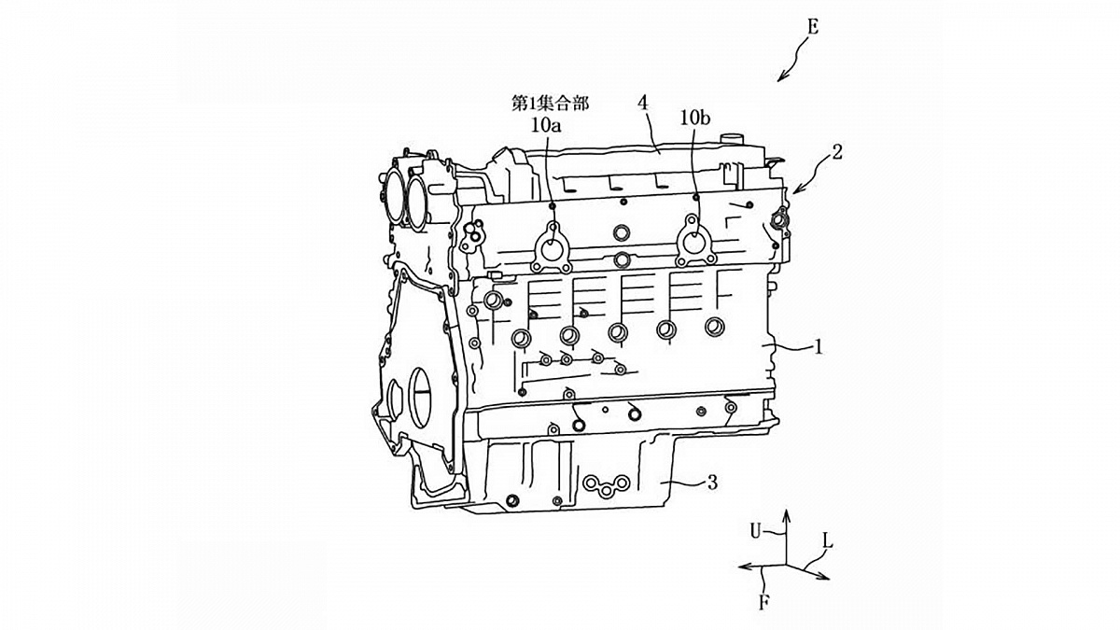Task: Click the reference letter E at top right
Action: click(x=813, y=27)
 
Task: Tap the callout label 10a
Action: click(x=546, y=125)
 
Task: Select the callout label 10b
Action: click(x=695, y=118)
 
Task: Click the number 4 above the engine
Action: click(x=643, y=104)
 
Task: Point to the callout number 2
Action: click(x=837, y=152)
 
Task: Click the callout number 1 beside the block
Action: click(x=819, y=347)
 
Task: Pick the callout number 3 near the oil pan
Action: click(x=712, y=483)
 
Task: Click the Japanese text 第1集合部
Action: click(x=550, y=103)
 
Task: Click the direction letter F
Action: click(x=763, y=603)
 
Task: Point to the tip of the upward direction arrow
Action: click(x=786, y=511)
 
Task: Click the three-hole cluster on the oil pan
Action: click(x=606, y=486)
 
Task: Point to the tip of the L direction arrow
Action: click(x=830, y=579)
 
